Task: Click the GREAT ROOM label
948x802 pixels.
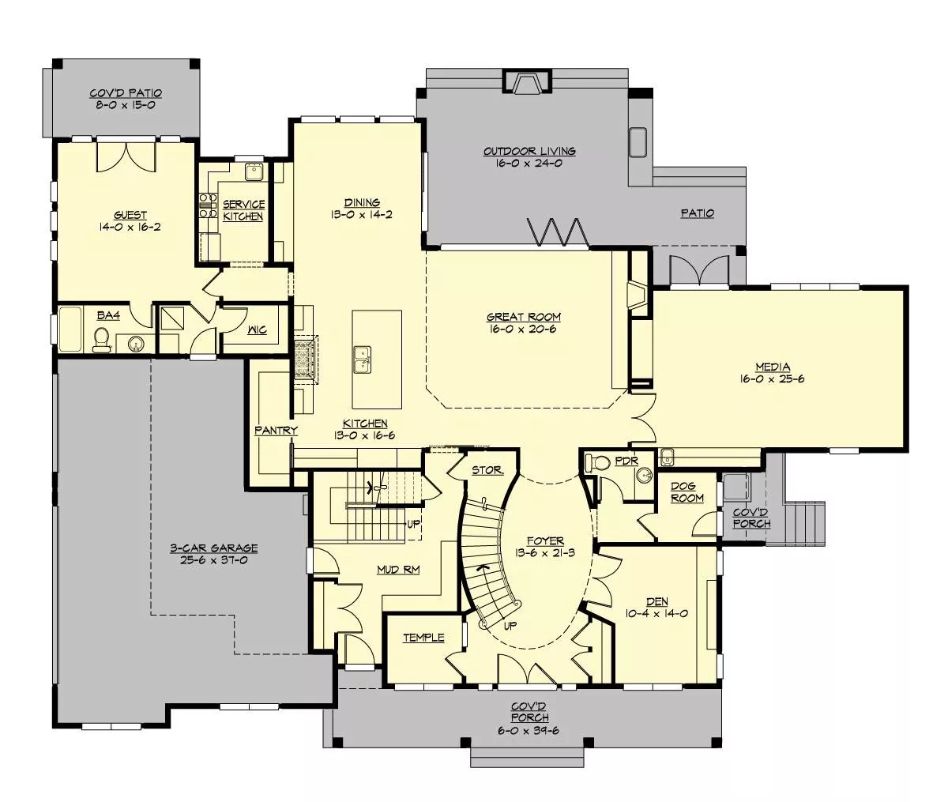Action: (523, 317)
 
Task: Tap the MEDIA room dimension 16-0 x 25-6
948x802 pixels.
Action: (773, 379)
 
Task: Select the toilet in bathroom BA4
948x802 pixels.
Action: (101, 341)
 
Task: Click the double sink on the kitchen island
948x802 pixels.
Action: (363, 360)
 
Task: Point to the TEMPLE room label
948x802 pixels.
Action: (423, 638)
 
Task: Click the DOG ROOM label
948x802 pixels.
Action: (687, 491)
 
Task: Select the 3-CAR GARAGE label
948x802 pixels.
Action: (214, 548)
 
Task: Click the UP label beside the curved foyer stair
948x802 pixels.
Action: (510, 626)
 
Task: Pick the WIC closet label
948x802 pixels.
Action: (257, 329)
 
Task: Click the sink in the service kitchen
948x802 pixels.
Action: (253, 172)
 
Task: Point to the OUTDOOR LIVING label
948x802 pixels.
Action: (529, 151)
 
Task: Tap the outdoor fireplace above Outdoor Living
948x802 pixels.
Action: (525, 83)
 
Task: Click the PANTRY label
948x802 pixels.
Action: (276, 431)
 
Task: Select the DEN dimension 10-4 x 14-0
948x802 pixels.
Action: (656, 613)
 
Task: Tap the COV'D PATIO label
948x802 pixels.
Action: (126, 93)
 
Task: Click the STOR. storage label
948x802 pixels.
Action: (488, 470)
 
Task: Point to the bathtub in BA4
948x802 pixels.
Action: (70, 329)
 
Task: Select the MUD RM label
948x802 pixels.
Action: (398, 570)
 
